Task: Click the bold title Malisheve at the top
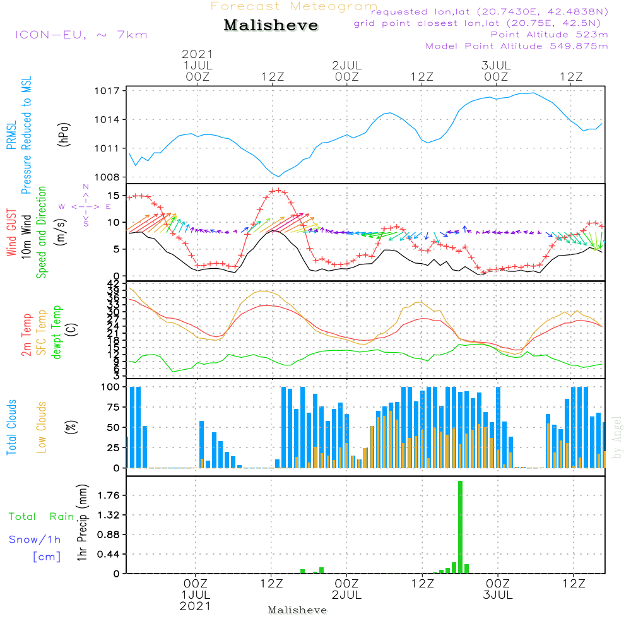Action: pyautogui.click(x=271, y=26)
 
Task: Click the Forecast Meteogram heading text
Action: pyautogui.click(x=294, y=7)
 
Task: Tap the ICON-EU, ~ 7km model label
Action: pyautogui.click(x=80, y=35)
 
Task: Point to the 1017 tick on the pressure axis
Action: pyautogui.click(x=108, y=91)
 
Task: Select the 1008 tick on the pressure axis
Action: pyautogui.click(x=108, y=177)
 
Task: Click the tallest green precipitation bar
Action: pyautogui.click(x=461, y=527)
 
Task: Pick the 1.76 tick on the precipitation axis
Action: pyautogui.click(x=109, y=496)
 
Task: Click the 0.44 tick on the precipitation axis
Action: pyautogui.click(x=109, y=555)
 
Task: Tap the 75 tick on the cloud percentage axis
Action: pyautogui.click(x=112, y=407)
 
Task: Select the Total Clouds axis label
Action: pyautogui.click(x=12, y=427)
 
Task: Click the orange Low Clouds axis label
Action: pyautogui.click(x=42, y=427)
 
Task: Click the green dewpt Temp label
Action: pyautogui.click(x=57, y=333)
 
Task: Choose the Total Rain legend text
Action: pyautogui.click(x=42, y=517)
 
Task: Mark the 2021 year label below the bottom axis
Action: pyautogui.click(x=196, y=606)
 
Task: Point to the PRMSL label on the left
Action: pyautogui.click(x=12, y=136)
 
